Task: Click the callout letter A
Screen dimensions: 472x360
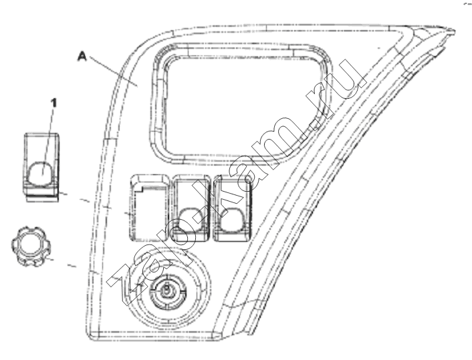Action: (x=82, y=57)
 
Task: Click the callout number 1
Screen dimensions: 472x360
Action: (x=53, y=104)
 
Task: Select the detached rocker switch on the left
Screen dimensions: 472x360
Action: (x=41, y=167)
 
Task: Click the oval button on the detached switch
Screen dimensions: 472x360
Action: (x=41, y=174)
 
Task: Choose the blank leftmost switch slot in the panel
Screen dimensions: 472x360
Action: (x=148, y=208)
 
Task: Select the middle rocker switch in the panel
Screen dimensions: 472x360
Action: (x=191, y=208)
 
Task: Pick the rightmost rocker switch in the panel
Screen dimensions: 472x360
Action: (x=232, y=208)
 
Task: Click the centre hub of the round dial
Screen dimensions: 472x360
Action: (x=166, y=291)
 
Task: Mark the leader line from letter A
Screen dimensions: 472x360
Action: (x=113, y=71)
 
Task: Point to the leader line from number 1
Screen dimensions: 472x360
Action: (x=47, y=142)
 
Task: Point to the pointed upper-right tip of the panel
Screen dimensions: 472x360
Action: (x=454, y=31)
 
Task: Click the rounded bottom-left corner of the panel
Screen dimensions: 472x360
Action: (x=90, y=336)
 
